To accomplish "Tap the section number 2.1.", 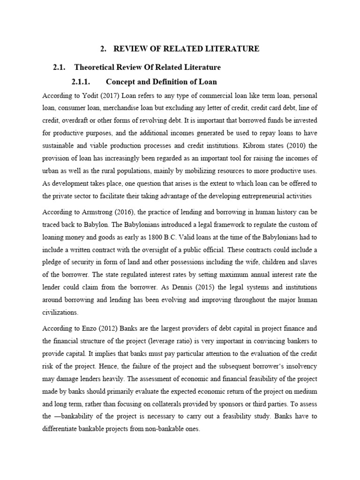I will [x=60, y=67].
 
